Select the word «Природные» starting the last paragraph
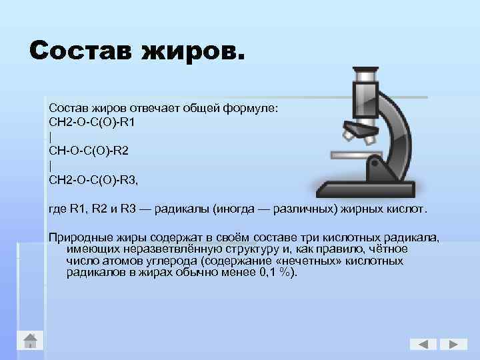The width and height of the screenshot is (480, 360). (x=77, y=238)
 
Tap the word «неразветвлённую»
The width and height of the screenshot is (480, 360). (x=164, y=249)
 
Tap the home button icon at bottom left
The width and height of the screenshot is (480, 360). (x=31, y=341)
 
